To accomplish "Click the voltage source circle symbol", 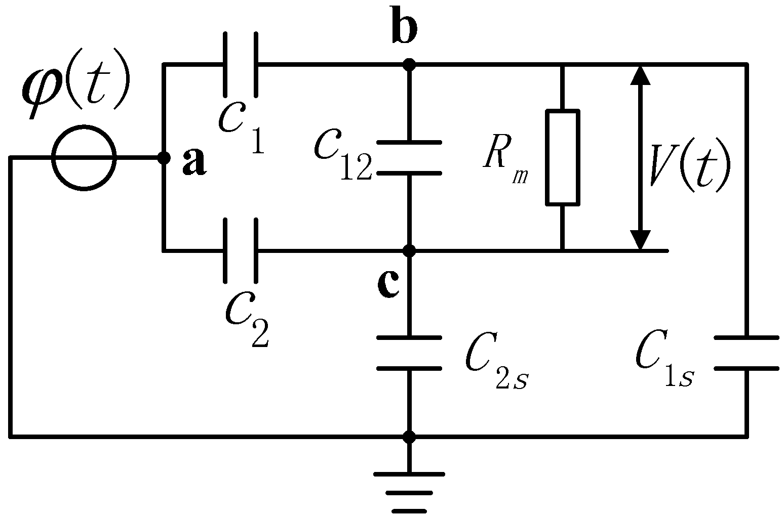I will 85,158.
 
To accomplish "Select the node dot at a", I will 164,158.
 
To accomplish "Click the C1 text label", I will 241,126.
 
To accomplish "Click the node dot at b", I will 409,65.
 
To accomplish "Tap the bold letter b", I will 405,30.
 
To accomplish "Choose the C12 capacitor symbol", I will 409,157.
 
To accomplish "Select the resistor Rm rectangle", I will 562,157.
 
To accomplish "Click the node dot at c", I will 409,250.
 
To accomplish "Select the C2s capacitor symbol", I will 409,353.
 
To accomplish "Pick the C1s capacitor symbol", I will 746,353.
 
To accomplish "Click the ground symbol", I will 409,491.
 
